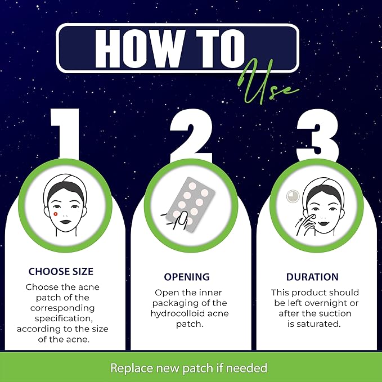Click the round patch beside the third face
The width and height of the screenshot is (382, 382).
pos(293,196)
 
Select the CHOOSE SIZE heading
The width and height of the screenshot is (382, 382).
pos(62,272)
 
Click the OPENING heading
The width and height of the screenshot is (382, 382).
pos(186,277)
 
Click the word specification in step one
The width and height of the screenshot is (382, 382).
pos(62,318)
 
